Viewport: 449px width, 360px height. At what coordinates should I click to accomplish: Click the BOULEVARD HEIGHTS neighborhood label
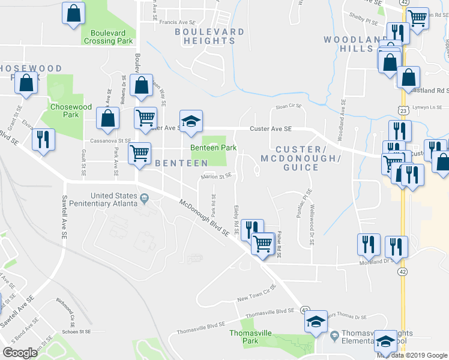point(209,36)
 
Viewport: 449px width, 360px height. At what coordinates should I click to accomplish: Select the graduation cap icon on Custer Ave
point(191,121)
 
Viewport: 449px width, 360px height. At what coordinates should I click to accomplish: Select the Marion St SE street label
point(216,176)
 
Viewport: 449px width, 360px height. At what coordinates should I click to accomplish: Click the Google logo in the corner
point(20,353)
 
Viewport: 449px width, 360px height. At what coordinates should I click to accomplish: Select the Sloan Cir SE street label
point(288,106)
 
